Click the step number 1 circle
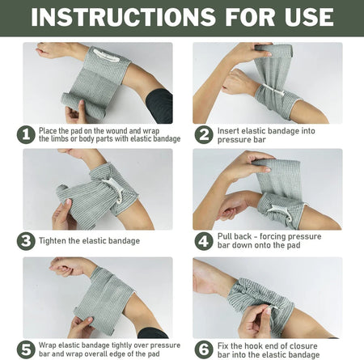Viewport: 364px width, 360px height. tap(25, 135)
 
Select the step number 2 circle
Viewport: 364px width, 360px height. tap(204, 135)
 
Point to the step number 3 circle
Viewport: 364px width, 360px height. tap(25, 241)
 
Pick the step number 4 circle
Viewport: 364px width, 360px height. tap(204, 241)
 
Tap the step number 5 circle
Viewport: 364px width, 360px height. tap(25, 349)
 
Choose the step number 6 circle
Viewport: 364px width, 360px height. tap(204, 349)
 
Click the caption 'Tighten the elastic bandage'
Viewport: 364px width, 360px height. tap(89, 241)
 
